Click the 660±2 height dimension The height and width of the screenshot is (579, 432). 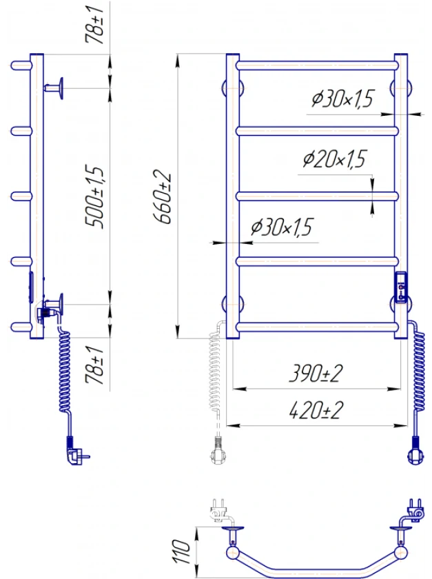[x=163, y=196]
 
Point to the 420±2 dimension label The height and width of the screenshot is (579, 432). [x=316, y=410]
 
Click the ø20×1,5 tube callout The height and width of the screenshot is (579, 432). [x=335, y=159]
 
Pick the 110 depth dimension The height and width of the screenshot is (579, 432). [x=182, y=551]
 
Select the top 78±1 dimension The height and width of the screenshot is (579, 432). [x=94, y=25]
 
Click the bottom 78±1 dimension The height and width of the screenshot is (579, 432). [x=94, y=365]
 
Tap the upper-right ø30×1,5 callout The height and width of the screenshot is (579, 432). [x=342, y=99]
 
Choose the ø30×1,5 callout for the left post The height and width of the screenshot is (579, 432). [x=282, y=227]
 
